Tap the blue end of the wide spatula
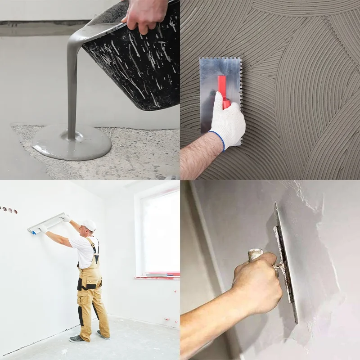pyautogui.click(x=32, y=232)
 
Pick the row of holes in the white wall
pyautogui.click(x=9, y=210)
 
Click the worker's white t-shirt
pyautogui.click(x=84, y=250)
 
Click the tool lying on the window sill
pyautogui.click(x=157, y=274)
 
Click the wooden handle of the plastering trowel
pyautogui.click(x=256, y=255)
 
